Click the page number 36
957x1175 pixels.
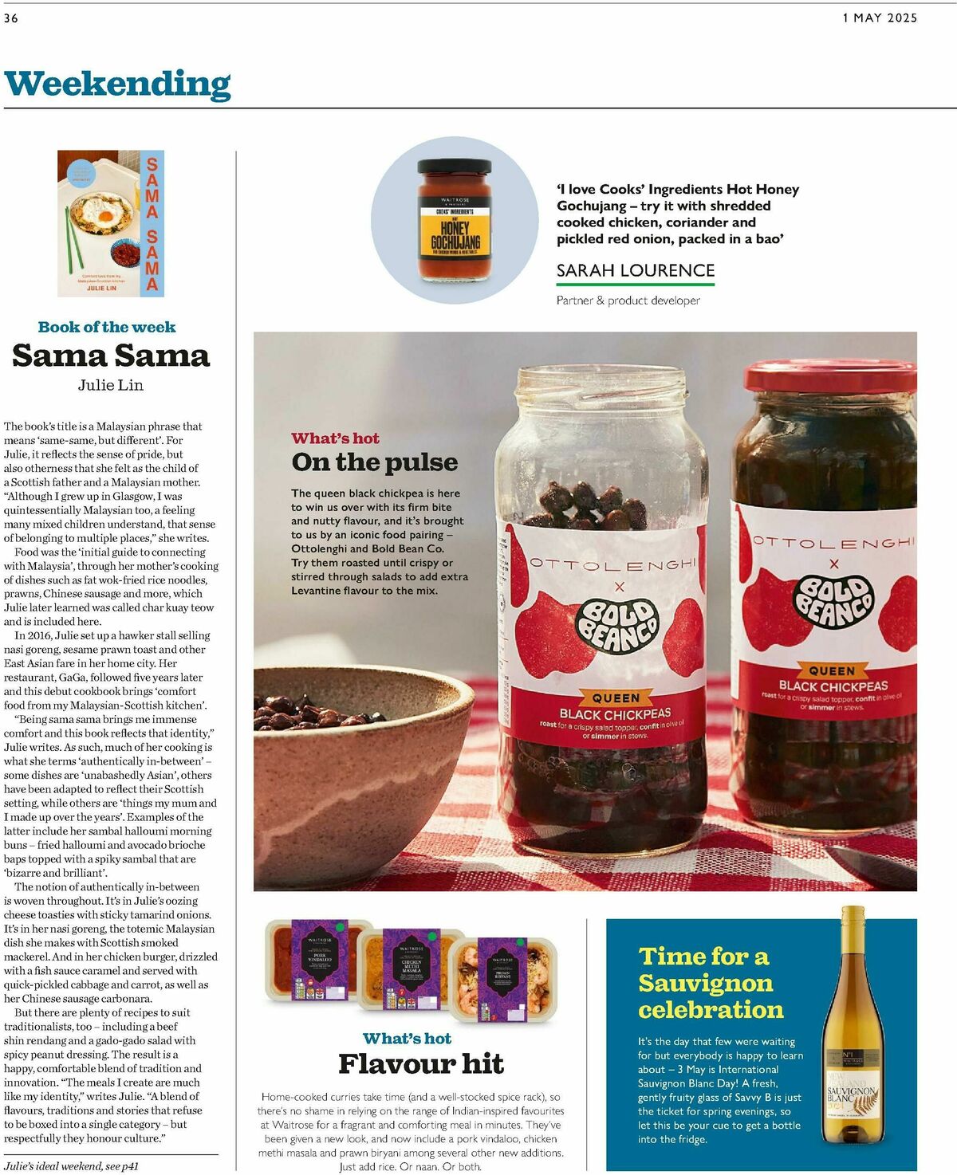[x=11, y=18]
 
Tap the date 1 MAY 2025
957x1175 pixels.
[x=880, y=18]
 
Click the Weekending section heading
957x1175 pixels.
[x=117, y=84]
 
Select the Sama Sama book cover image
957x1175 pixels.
[x=111, y=223]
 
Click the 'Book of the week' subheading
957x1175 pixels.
[x=107, y=327]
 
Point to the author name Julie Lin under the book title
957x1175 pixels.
[x=111, y=385]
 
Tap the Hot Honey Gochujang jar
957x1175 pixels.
[x=455, y=221]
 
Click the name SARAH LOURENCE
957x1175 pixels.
[x=635, y=270]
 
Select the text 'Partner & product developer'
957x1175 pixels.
[x=628, y=301]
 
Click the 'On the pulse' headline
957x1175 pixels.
[x=374, y=462]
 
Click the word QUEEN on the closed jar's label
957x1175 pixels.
[x=832, y=671]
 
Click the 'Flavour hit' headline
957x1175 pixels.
[x=420, y=1063]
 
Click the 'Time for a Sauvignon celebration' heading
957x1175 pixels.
[x=710, y=982]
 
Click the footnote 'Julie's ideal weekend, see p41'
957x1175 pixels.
[x=71, y=1166]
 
